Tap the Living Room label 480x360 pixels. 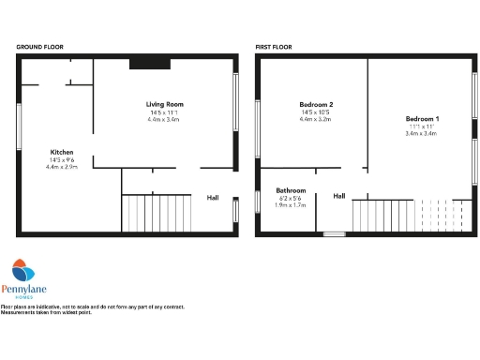164,103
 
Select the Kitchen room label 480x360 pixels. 62,152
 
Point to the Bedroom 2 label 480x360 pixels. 316,104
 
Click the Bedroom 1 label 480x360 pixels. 422,119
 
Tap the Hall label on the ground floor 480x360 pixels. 213,198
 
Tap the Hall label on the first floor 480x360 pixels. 339,196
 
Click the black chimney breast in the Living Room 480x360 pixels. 149,63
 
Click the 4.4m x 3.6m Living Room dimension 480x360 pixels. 164,119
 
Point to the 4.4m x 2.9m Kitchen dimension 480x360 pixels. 62,167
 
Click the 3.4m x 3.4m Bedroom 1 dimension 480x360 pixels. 422,134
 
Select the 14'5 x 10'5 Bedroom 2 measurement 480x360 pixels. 316,112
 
